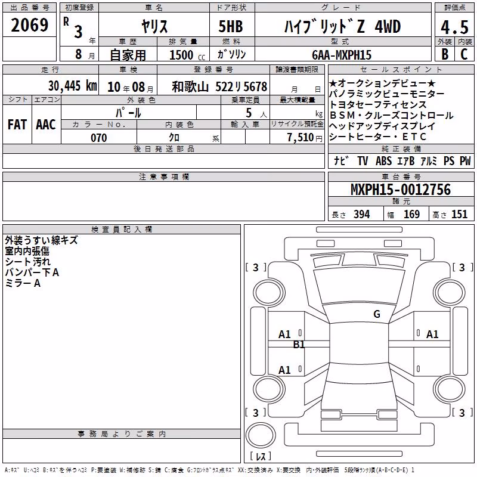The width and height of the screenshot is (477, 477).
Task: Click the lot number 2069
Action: click(29, 25)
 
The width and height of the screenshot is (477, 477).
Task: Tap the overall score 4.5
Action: click(454, 27)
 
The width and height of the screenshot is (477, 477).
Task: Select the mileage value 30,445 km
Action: click(72, 86)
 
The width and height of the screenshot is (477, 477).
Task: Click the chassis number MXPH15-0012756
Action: click(401, 190)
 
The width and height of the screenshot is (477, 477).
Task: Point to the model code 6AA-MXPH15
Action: click(342, 55)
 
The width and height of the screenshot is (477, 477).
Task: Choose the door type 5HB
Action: click(231, 26)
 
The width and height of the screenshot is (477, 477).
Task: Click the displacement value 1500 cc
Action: click(187, 55)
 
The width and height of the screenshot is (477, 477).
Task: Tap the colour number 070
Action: click(99, 138)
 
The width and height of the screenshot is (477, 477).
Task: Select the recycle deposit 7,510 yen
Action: click(305, 138)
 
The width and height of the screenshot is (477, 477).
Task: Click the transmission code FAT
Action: click(17, 125)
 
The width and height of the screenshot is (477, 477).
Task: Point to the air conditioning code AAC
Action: click(46, 125)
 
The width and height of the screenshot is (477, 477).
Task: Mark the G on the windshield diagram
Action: click(377, 314)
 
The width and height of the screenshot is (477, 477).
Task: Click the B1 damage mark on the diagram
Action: click(299, 345)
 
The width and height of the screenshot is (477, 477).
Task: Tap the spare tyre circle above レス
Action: click(261, 435)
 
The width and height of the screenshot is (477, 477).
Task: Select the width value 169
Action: click(411, 215)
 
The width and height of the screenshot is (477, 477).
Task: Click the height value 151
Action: click(459, 215)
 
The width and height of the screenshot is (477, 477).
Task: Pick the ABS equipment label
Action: click(383, 160)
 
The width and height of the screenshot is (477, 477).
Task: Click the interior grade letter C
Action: click(464, 54)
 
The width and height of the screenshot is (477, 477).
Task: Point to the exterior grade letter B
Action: click(445, 54)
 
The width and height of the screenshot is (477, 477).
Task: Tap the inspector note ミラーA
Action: click(23, 283)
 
